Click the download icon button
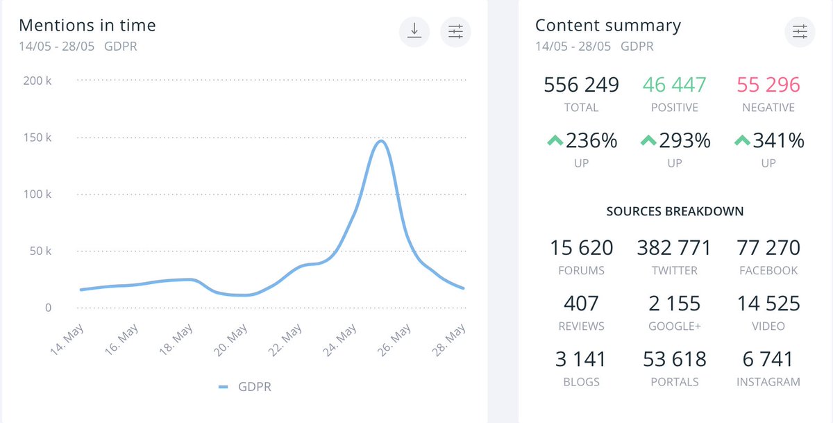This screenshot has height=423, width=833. pyautogui.click(x=414, y=32)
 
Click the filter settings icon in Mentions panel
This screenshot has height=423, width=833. pyautogui.click(x=455, y=32)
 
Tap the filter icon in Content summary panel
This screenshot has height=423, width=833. pyautogui.click(x=800, y=32)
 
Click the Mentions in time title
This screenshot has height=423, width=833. pyautogui.click(x=87, y=26)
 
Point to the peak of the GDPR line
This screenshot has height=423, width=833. pyautogui.click(x=380, y=141)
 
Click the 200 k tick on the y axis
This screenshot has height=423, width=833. pyautogui.click(x=37, y=81)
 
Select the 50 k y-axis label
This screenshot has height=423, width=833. pyautogui.click(x=40, y=251)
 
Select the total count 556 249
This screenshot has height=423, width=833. pyautogui.click(x=581, y=85)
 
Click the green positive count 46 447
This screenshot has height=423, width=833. pyautogui.click(x=674, y=85)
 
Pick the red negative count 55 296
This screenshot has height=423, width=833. pyautogui.click(x=768, y=85)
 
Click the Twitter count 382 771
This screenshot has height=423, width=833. pyautogui.click(x=674, y=247)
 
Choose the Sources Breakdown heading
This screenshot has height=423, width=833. pyautogui.click(x=674, y=211)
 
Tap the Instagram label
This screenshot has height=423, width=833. pyautogui.click(x=768, y=381)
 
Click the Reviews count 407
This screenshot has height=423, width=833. pyautogui.click(x=581, y=304)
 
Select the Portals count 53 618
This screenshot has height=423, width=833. pyautogui.click(x=674, y=359)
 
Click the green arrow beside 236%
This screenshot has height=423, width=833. pyautogui.click(x=554, y=140)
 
